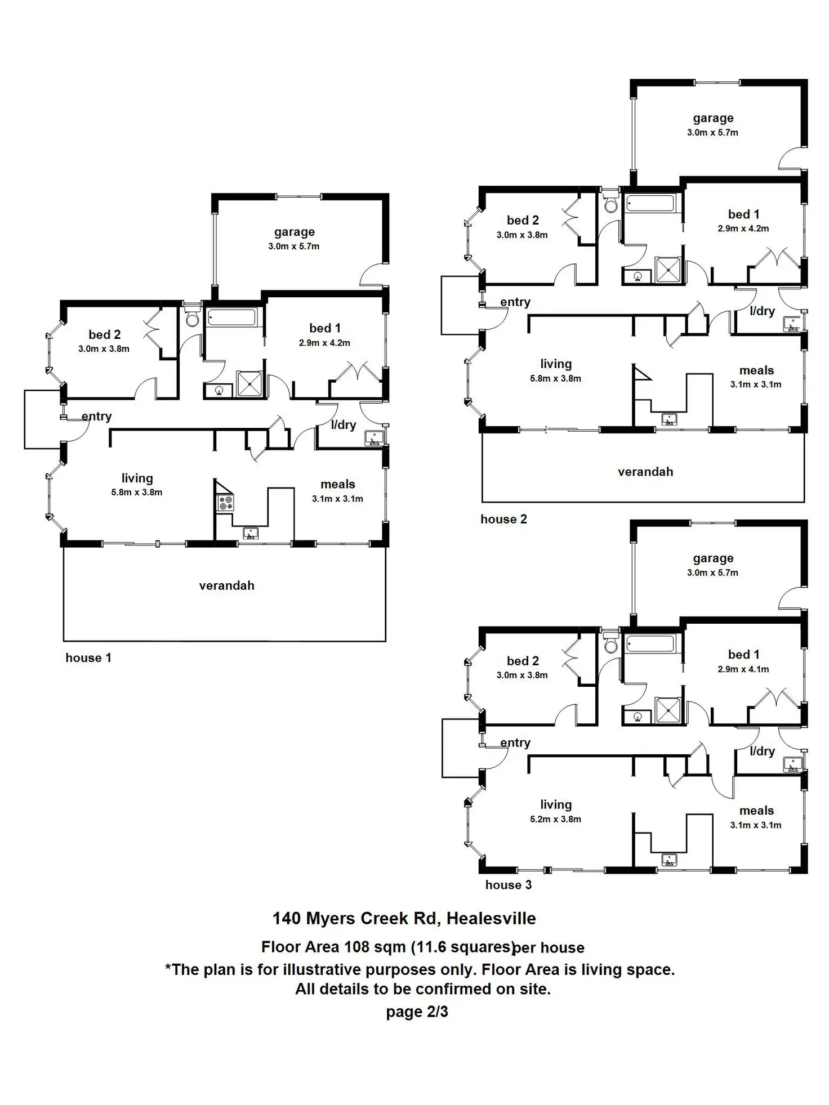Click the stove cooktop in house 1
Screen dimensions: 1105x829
point(225,502)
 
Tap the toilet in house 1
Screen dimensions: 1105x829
point(193,318)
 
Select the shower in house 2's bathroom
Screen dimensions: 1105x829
point(668,270)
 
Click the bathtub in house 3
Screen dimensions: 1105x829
point(650,643)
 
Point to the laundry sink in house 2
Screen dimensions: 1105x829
point(793,324)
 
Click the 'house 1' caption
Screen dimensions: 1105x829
point(88,657)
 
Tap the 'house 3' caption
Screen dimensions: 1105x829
point(508,884)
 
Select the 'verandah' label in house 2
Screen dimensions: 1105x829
point(645,472)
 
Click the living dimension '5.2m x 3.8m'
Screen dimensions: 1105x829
point(555,819)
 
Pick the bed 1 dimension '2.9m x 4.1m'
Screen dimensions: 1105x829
point(743,669)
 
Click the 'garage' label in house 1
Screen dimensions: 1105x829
point(294,232)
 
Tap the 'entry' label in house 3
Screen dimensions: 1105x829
point(515,742)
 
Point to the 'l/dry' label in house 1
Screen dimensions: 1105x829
point(344,425)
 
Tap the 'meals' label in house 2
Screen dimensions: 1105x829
point(756,370)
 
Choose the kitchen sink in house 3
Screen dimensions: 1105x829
point(669,860)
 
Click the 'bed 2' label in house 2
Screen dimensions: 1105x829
point(523,220)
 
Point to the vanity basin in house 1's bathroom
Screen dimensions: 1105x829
point(219,390)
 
